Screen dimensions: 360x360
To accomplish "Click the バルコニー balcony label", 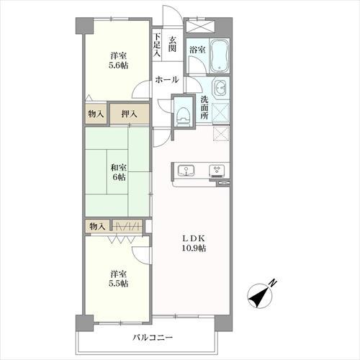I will pos(153,337).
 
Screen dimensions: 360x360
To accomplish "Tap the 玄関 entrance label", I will pos(173,44).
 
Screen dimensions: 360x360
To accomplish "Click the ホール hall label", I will pos(168,80).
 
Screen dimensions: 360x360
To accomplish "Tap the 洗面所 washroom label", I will pos(204,109).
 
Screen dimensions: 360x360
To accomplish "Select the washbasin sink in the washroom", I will pos(221,90).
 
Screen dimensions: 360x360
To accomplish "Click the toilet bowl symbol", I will pos(184,114).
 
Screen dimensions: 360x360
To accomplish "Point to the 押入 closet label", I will pos(130,113).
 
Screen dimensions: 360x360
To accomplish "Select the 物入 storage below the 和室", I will pos(96,227).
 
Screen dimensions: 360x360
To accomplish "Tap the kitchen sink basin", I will pos(187,171).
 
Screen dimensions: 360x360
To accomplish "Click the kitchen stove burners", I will pos(216,171).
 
